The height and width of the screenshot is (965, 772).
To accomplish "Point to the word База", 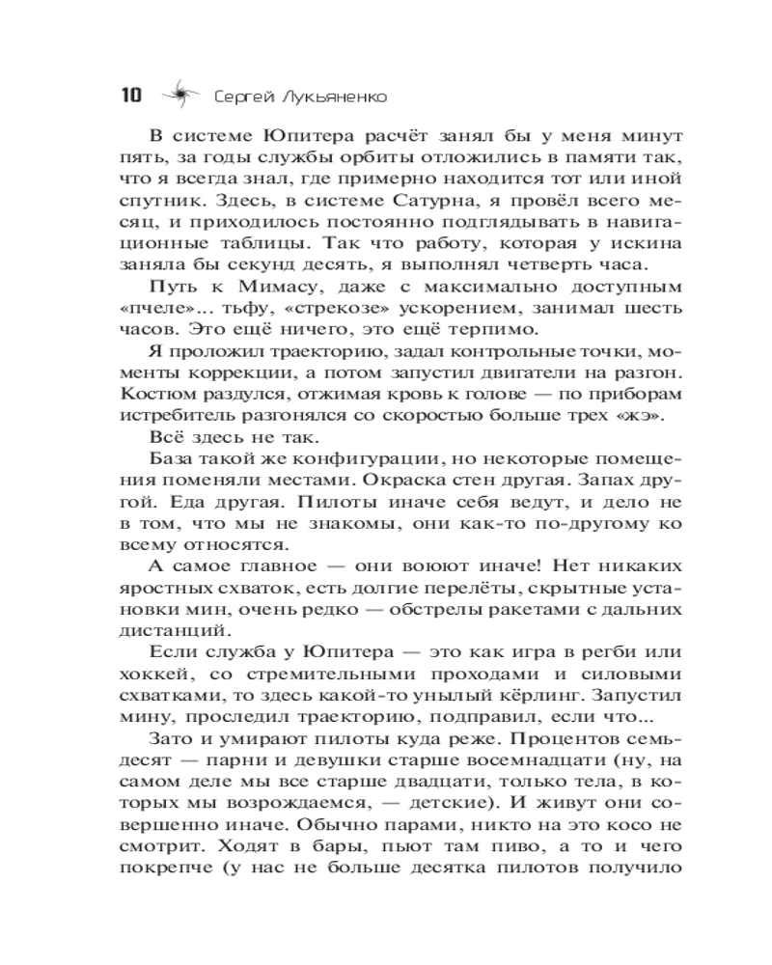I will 174,461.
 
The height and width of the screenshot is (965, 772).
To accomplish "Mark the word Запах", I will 603,483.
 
